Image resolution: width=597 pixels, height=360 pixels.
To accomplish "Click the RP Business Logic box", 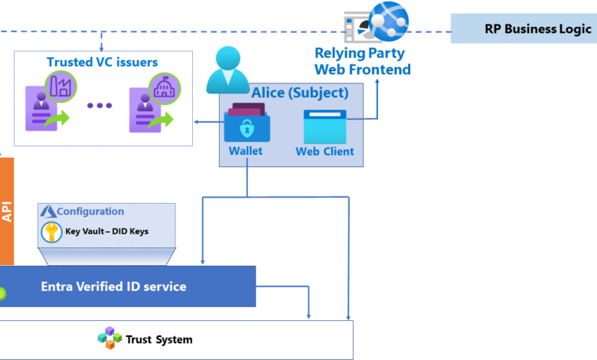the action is (x=524, y=28).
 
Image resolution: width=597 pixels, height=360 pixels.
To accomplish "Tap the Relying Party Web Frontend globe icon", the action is (x=389, y=21).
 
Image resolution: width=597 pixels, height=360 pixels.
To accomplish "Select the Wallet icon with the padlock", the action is (x=247, y=123).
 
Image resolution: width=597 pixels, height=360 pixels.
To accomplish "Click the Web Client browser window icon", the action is (x=325, y=127).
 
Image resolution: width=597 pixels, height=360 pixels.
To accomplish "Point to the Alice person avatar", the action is (x=227, y=70).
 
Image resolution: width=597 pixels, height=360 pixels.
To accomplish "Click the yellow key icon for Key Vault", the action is (x=51, y=232).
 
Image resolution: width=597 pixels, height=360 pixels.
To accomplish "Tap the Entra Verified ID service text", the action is (x=113, y=286).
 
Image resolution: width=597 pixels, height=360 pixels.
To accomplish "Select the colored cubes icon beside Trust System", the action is (x=109, y=338).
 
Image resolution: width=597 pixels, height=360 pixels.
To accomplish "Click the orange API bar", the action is (x=7, y=211).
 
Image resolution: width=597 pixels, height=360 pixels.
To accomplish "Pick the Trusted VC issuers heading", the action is (x=102, y=62).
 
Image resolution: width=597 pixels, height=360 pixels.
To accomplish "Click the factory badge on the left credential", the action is (x=60, y=87).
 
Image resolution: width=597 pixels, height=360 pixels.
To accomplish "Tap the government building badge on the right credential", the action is (x=165, y=88).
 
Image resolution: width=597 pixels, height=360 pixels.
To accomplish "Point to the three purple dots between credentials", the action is (x=99, y=106).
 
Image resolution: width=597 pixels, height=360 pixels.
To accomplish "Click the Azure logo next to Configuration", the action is (x=48, y=211).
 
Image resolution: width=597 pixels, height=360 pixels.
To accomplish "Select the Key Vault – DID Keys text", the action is (x=106, y=231).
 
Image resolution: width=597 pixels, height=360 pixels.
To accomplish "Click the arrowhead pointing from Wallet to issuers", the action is (x=196, y=122).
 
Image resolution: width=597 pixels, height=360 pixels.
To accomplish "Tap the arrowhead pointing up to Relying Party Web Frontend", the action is (x=377, y=81).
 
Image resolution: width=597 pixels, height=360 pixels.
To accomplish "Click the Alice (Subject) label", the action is (x=300, y=93).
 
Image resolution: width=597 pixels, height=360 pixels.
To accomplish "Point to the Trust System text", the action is (x=159, y=339).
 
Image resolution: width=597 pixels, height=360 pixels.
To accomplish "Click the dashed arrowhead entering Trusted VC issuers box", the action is (x=101, y=48).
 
